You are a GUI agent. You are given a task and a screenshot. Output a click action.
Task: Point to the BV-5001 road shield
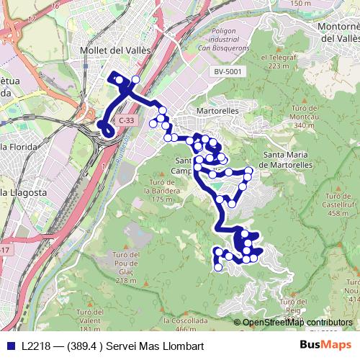point(228,72)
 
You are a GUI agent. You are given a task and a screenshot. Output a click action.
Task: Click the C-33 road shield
point(127,120)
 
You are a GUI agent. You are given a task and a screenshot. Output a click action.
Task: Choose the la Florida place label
point(20,147)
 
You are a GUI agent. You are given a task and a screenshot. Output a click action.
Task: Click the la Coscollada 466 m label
point(186,323)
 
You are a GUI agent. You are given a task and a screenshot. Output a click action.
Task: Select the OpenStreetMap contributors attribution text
point(297,323)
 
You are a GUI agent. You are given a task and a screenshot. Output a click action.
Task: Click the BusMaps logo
point(325,346)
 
